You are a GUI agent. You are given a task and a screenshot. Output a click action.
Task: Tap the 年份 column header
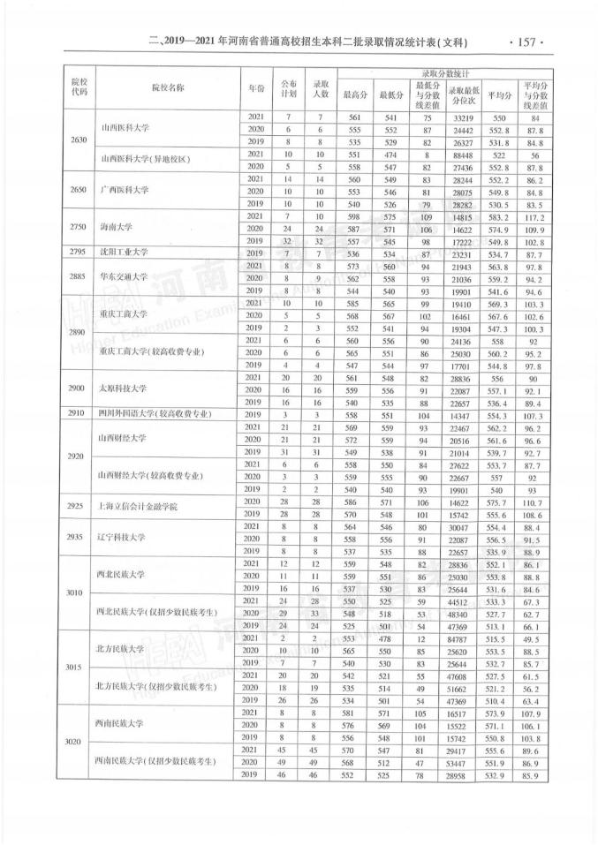pyautogui.click(x=256, y=88)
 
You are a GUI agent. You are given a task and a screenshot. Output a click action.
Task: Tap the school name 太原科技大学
pyautogui.click(x=126, y=389)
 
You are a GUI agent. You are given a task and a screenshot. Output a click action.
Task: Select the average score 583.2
pyautogui.click(x=499, y=215)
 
